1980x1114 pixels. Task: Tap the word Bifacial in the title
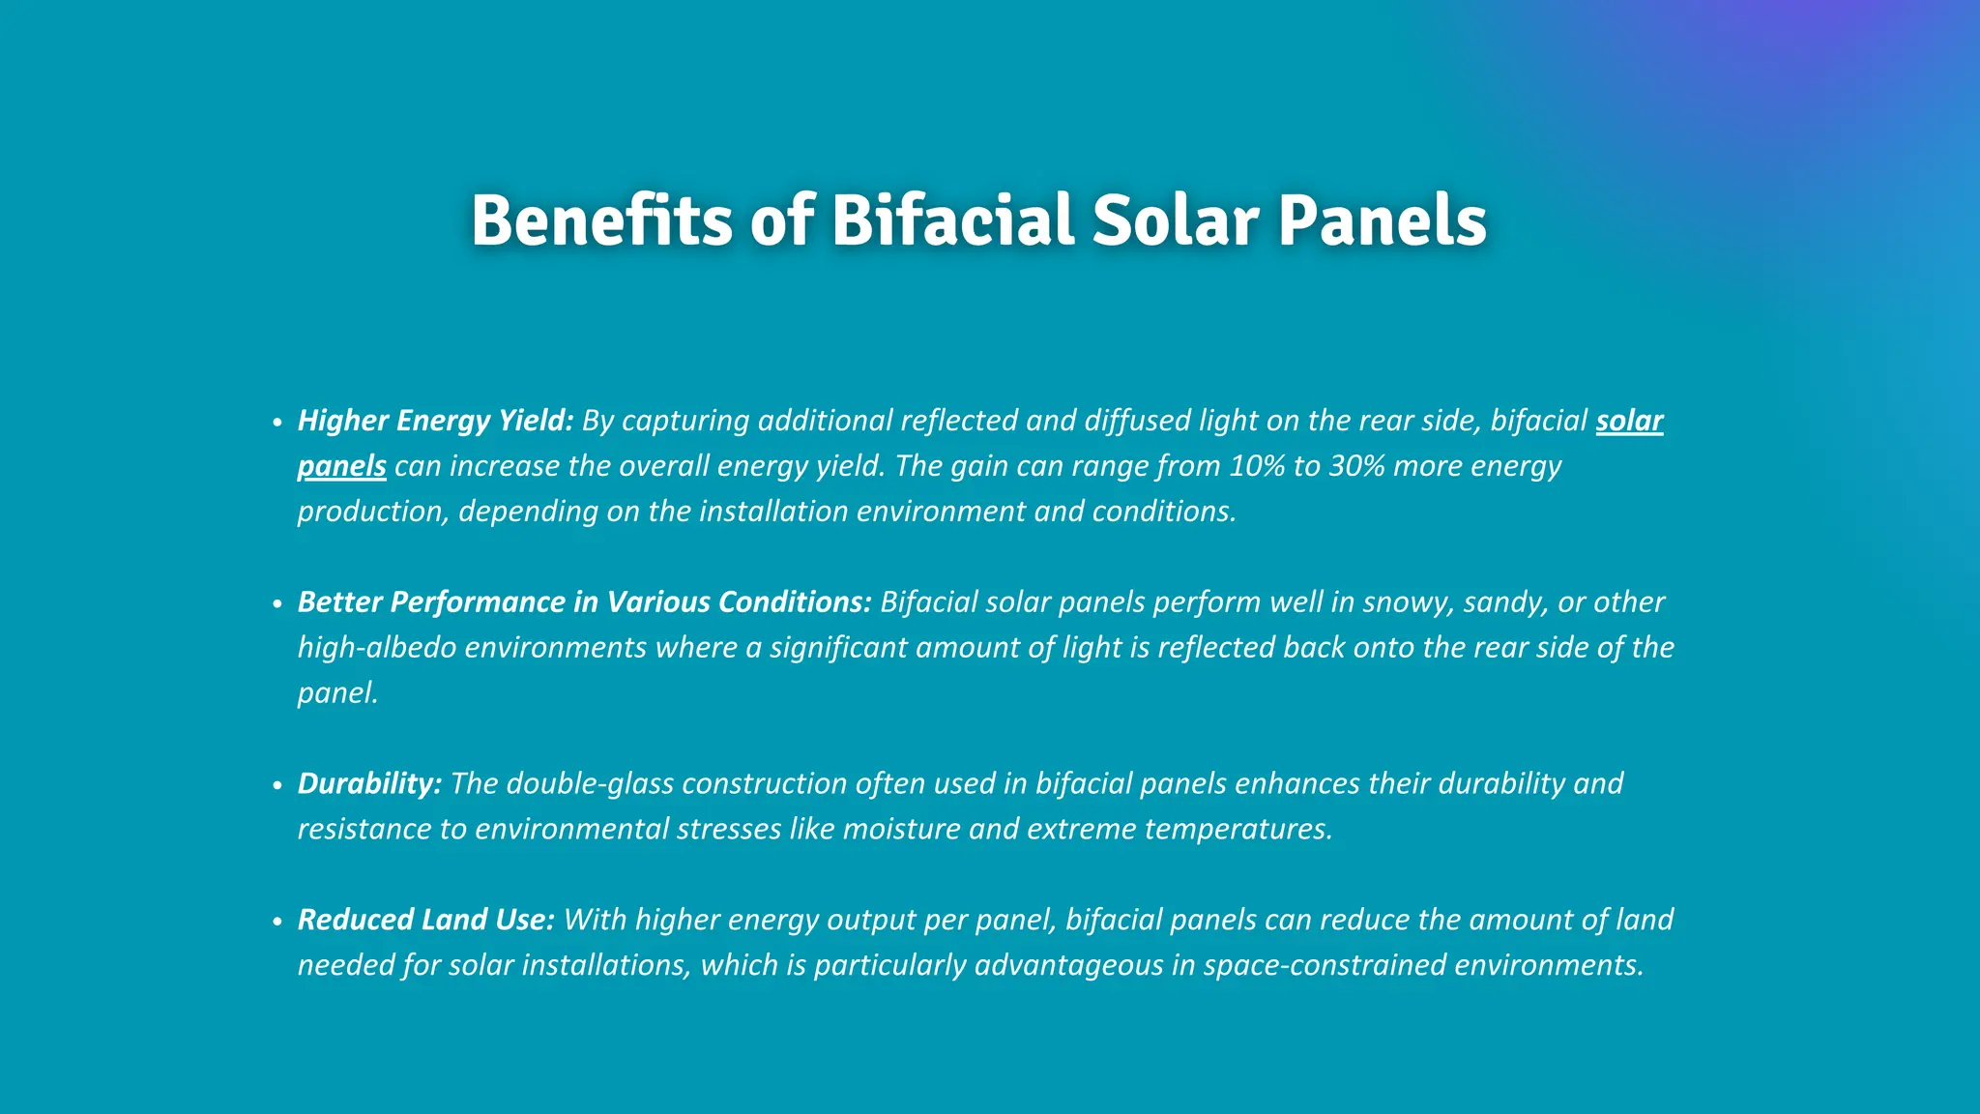pyautogui.click(x=951, y=220)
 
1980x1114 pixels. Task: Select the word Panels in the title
pyautogui.click(x=1383, y=220)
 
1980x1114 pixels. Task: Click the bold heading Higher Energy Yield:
pyautogui.click(x=435, y=421)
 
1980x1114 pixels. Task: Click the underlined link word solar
pyautogui.click(x=1629, y=421)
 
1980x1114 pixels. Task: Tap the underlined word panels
pyautogui.click(x=341, y=466)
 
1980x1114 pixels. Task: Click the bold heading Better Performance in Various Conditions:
pyautogui.click(x=584, y=602)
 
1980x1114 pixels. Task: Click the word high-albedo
pyautogui.click(x=376, y=647)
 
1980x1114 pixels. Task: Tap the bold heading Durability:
pyautogui.click(x=369, y=783)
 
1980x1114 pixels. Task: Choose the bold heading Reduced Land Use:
pyautogui.click(x=425, y=920)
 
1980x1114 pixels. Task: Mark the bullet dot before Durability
pyautogui.click(x=277, y=785)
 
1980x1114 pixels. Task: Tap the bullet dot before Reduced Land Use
pyautogui.click(x=277, y=922)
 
